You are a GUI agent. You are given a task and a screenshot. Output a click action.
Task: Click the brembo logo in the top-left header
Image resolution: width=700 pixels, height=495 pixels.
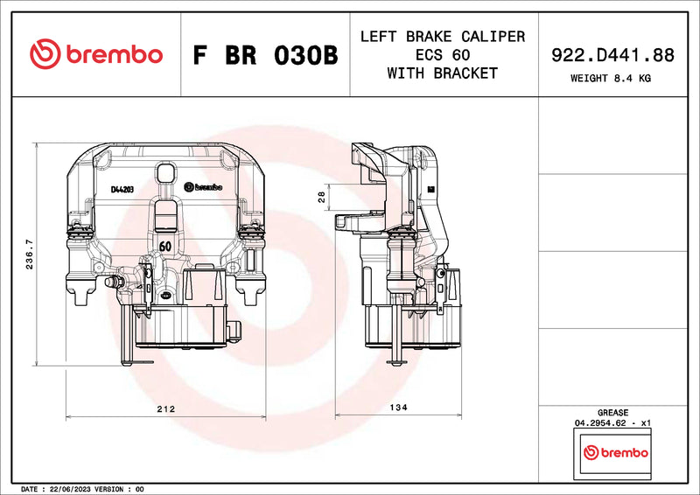(x=96, y=54)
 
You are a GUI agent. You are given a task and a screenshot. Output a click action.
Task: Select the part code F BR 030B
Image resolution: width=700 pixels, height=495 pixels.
(x=264, y=55)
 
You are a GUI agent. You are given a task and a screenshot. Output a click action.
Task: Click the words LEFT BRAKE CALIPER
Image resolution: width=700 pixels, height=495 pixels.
(x=442, y=37)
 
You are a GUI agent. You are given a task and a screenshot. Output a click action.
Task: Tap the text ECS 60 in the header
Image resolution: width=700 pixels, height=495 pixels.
(x=442, y=55)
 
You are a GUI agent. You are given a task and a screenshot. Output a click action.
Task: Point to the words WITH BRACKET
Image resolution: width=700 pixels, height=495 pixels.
(x=442, y=73)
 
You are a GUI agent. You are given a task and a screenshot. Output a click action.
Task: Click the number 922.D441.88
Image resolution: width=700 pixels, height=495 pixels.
(x=612, y=55)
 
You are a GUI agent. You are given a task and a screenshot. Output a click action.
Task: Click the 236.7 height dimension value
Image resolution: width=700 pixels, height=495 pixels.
(x=29, y=254)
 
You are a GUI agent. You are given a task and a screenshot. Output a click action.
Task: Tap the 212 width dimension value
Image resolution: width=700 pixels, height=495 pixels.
(x=165, y=408)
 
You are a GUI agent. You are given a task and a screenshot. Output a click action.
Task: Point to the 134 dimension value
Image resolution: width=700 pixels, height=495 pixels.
(x=400, y=408)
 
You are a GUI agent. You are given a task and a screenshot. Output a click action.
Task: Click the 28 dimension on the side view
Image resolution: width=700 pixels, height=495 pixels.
(x=321, y=198)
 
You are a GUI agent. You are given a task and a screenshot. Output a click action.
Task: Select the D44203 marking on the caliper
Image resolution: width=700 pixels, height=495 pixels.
(x=122, y=189)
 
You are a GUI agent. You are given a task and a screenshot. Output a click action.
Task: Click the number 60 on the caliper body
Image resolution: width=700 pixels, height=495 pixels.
(x=164, y=247)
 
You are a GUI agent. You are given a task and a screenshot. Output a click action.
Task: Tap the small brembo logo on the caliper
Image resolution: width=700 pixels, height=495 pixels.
(x=206, y=187)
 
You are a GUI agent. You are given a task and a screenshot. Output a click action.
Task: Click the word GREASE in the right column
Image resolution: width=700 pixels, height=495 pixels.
(x=612, y=412)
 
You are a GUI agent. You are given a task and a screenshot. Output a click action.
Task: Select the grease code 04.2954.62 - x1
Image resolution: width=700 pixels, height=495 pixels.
(x=612, y=422)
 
